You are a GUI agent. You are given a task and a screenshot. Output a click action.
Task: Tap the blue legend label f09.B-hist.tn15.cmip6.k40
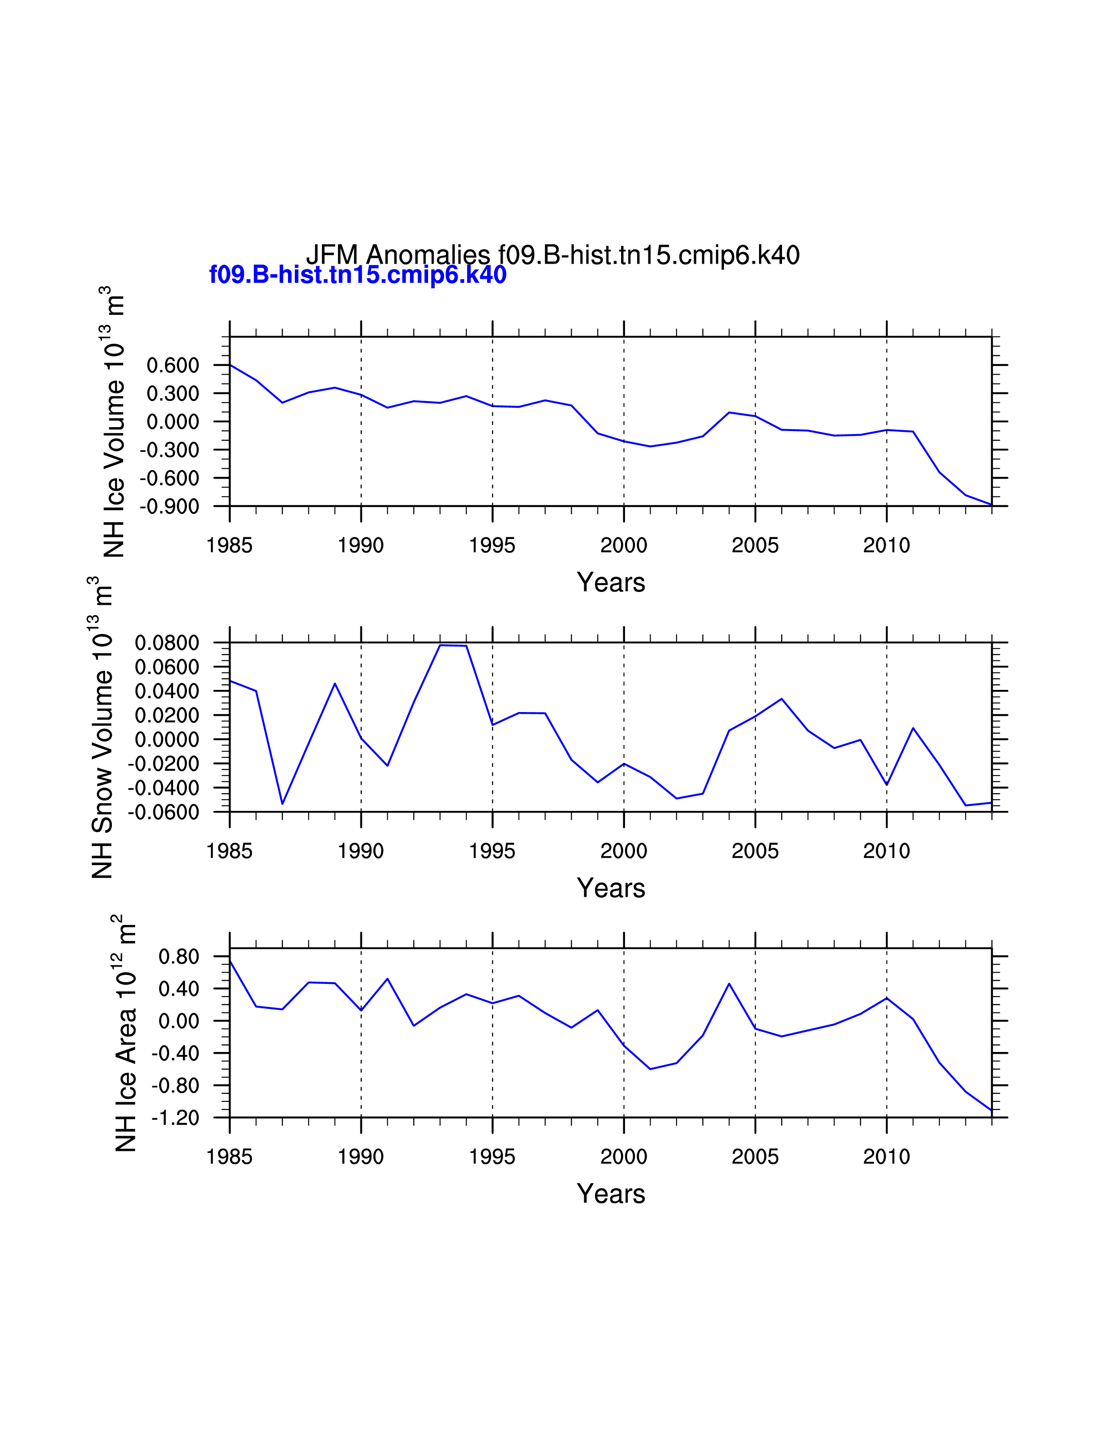(358, 274)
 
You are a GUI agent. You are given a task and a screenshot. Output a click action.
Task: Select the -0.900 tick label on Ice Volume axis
(169, 506)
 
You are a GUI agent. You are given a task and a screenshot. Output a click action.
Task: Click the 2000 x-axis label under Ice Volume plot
(624, 545)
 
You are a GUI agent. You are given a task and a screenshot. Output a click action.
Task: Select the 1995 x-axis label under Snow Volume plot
(492, 851)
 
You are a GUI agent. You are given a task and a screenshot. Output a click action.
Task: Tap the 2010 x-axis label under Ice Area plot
(887, 1157)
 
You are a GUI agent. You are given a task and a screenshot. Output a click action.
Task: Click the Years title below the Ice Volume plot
(611, 582)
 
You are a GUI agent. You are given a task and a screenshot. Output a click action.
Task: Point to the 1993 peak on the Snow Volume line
(440, 645)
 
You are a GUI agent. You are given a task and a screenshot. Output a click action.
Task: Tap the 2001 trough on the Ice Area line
(650, 1069)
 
